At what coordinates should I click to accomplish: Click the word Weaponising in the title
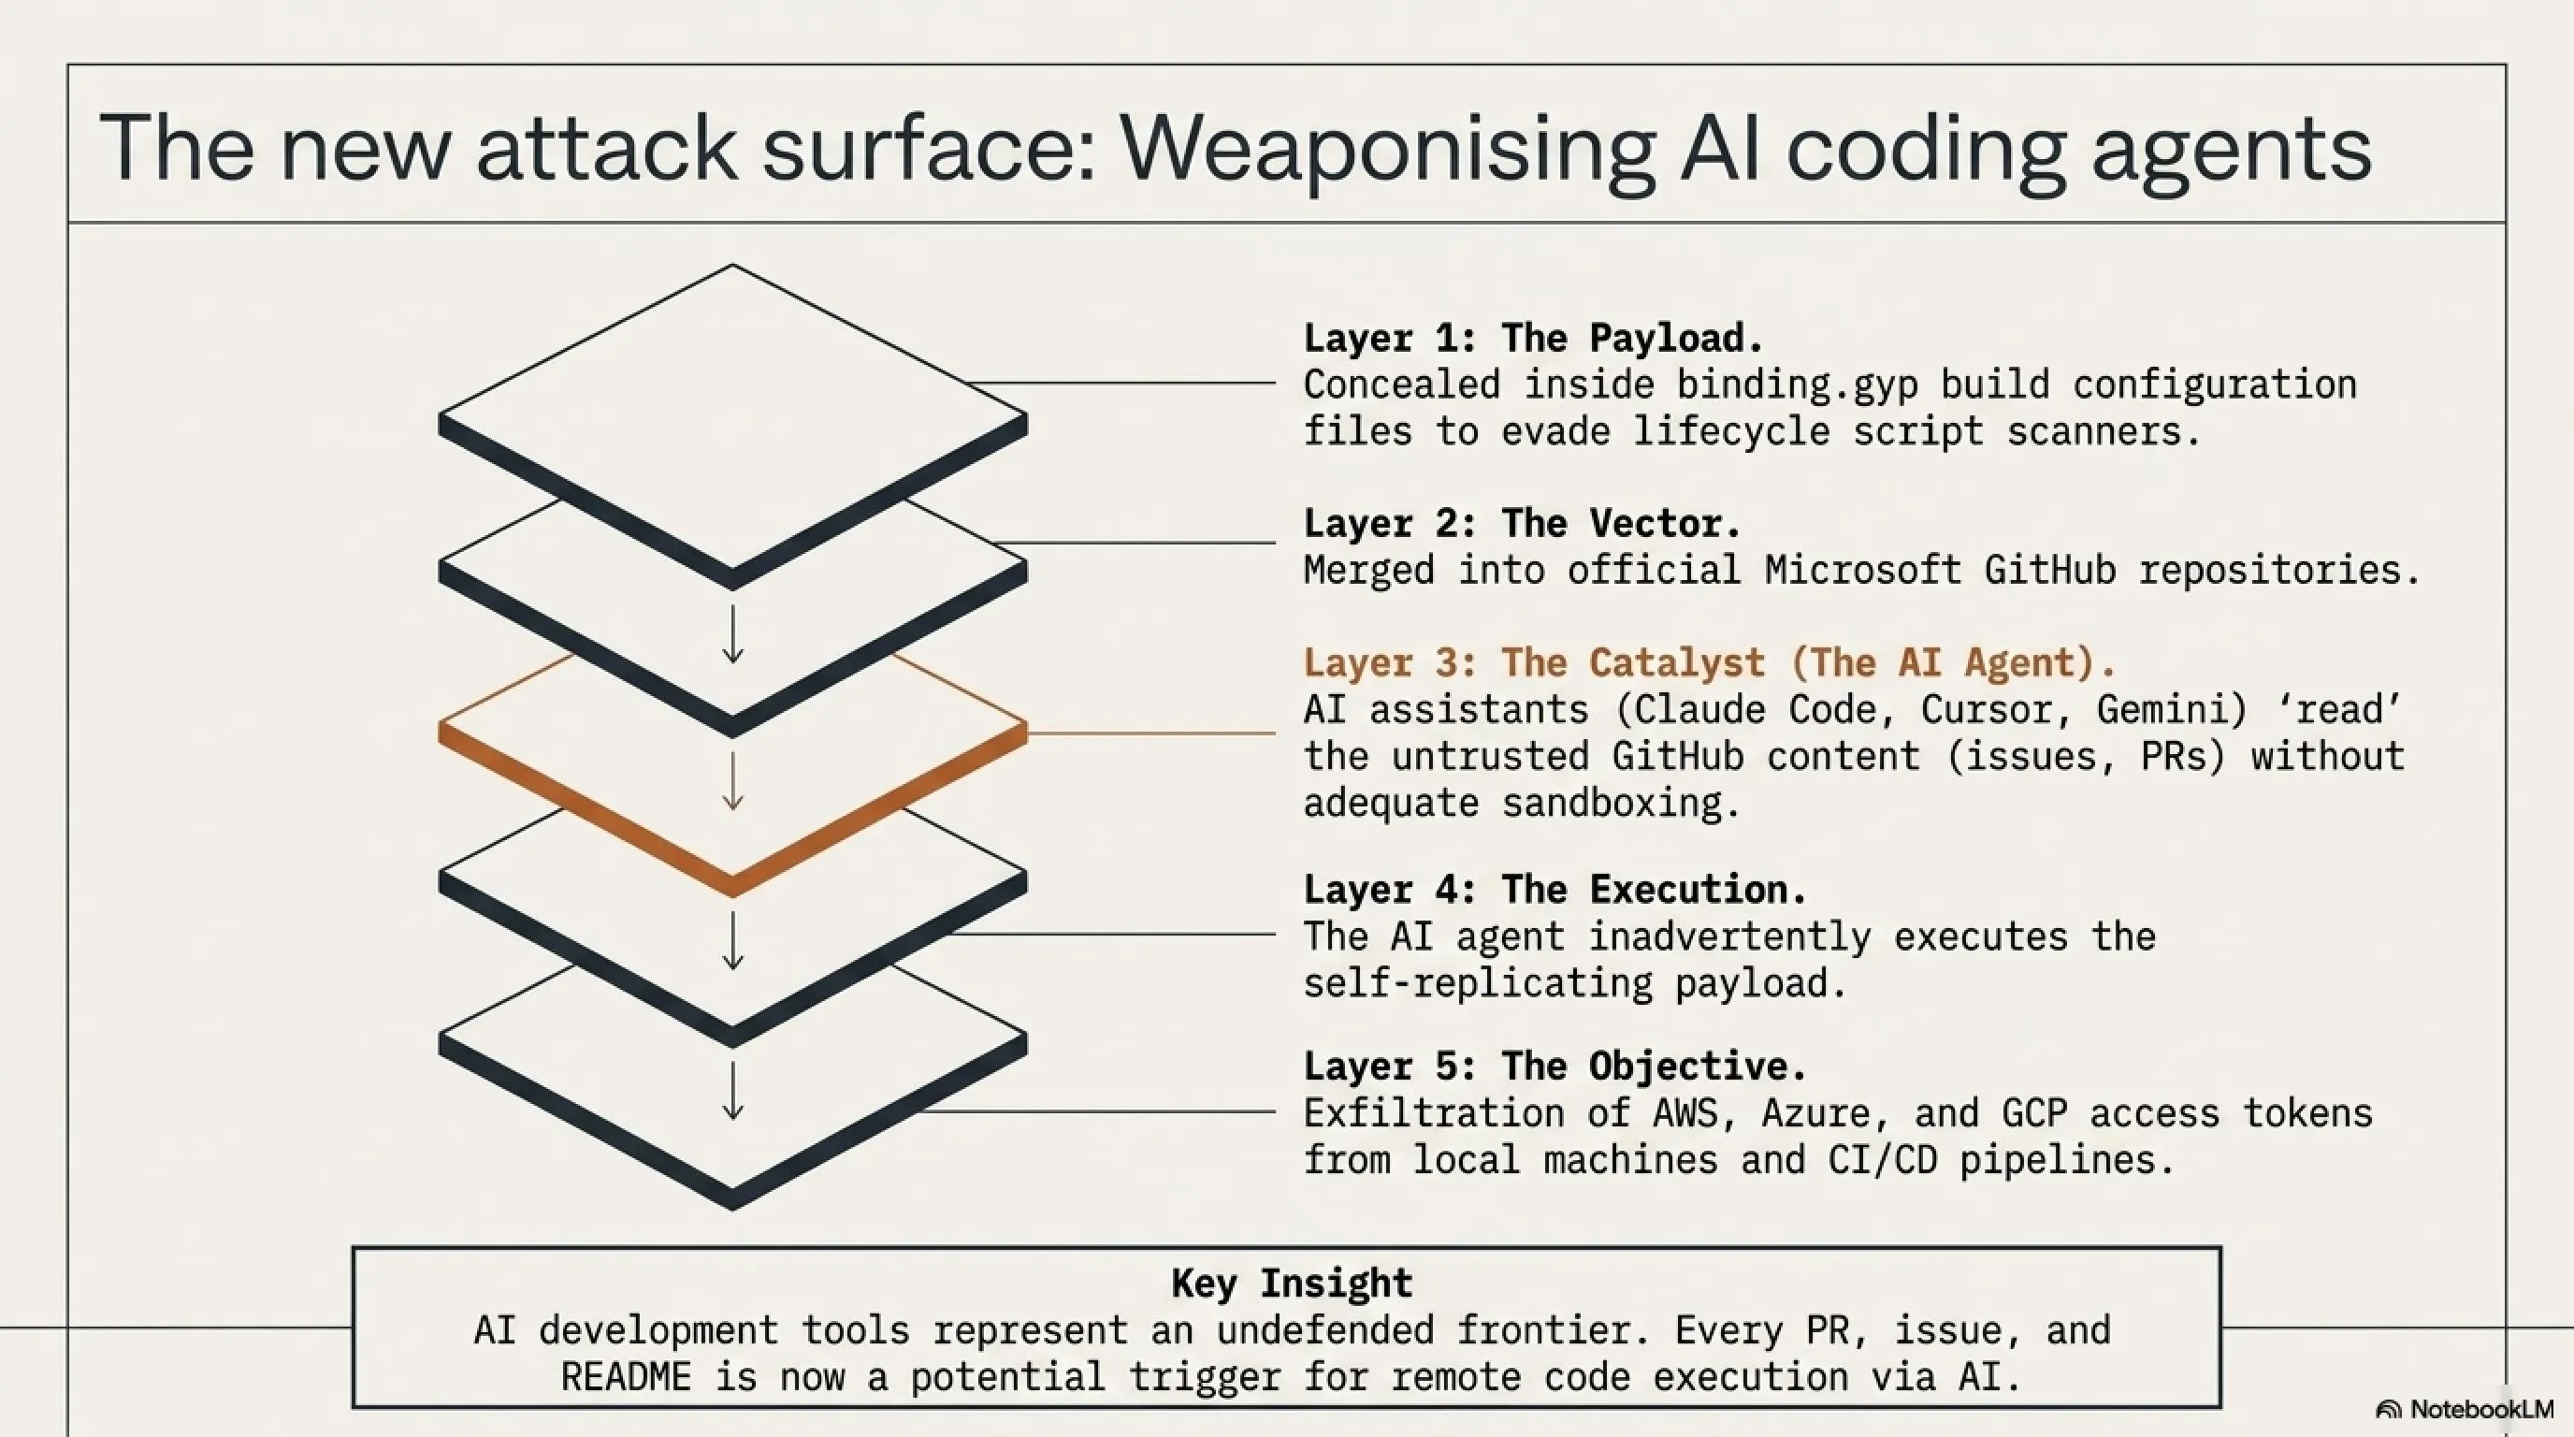click(1387, 149)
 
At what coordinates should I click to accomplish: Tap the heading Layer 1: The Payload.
click(1534, 339)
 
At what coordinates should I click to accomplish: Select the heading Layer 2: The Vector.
click(1523, 524)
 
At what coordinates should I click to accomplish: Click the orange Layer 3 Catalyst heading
click(1710, 663)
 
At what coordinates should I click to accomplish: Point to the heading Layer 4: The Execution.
click(1555, 890)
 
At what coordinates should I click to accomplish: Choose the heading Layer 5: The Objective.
click(1555, 1067)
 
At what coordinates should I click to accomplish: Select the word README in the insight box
click(626, 1377)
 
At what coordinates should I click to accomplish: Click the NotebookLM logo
click(2464, 1409)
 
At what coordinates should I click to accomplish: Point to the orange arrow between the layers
click(733, 780)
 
